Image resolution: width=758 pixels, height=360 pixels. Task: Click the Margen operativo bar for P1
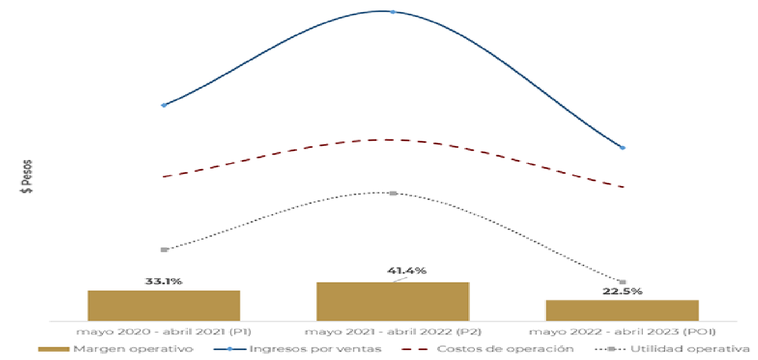tap(164, 305)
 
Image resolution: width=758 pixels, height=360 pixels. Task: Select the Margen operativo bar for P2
tap(393, 302)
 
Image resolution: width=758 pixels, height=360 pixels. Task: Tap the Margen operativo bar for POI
tap(622, 310)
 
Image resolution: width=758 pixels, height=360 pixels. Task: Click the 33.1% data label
tap(164, 282)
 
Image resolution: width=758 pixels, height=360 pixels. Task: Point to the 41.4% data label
tap(407, 271)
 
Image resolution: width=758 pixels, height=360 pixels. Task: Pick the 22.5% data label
tap(623, 291)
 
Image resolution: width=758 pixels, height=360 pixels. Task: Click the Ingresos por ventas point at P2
tap(393, 12)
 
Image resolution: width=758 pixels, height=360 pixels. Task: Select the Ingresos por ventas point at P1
tap(164, 105)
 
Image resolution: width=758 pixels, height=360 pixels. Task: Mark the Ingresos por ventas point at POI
tap(622, 148)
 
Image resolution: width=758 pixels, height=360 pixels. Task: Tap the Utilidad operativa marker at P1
tap(164, 250)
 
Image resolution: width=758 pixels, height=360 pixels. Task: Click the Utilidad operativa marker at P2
tap(393, 193)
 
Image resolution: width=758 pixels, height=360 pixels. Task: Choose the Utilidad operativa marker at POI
tap(622, 282)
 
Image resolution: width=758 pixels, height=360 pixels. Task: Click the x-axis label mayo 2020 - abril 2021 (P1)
tap(164, 332)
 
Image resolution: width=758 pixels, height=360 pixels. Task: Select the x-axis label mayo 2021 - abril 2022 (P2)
tap(393, 332)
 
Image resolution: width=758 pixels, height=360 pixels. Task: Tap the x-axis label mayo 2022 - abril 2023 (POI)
tap(622, 332)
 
